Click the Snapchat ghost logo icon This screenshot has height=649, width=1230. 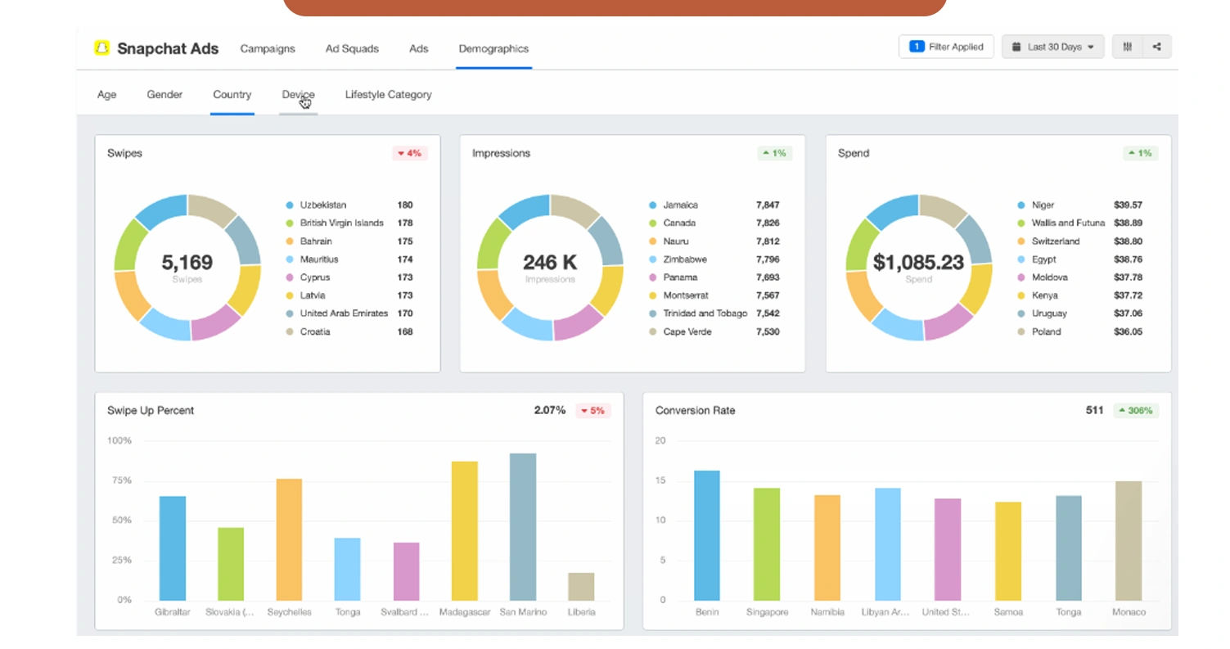pos(101,48)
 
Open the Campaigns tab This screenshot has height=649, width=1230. pos(268,48)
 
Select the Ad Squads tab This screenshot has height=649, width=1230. pos(352,48)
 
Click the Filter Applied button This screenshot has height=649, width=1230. pos(946,47)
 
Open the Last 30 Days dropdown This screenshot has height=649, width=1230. pos(1052,47)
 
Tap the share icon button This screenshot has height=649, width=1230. pos(1156,47)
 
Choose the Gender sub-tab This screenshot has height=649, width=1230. pos(164,95)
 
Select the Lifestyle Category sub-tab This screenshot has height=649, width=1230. pos(388,95)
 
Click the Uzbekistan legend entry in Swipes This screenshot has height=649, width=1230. pos(322,205)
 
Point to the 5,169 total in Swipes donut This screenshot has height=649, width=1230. pos(187,263)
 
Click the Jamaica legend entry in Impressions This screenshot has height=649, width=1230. pos(680,205)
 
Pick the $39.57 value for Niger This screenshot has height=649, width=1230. pos(1128,205)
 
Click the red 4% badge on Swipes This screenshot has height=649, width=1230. pos(409,153)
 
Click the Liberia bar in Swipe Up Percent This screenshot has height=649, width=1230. pos(581,586)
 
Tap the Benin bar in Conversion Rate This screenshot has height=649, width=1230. pos(707,535)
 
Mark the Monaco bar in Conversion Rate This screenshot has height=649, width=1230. pos(1128,540)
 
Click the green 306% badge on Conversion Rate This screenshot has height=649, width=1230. pos(1135,410)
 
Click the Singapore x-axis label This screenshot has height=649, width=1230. pos(767,612)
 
